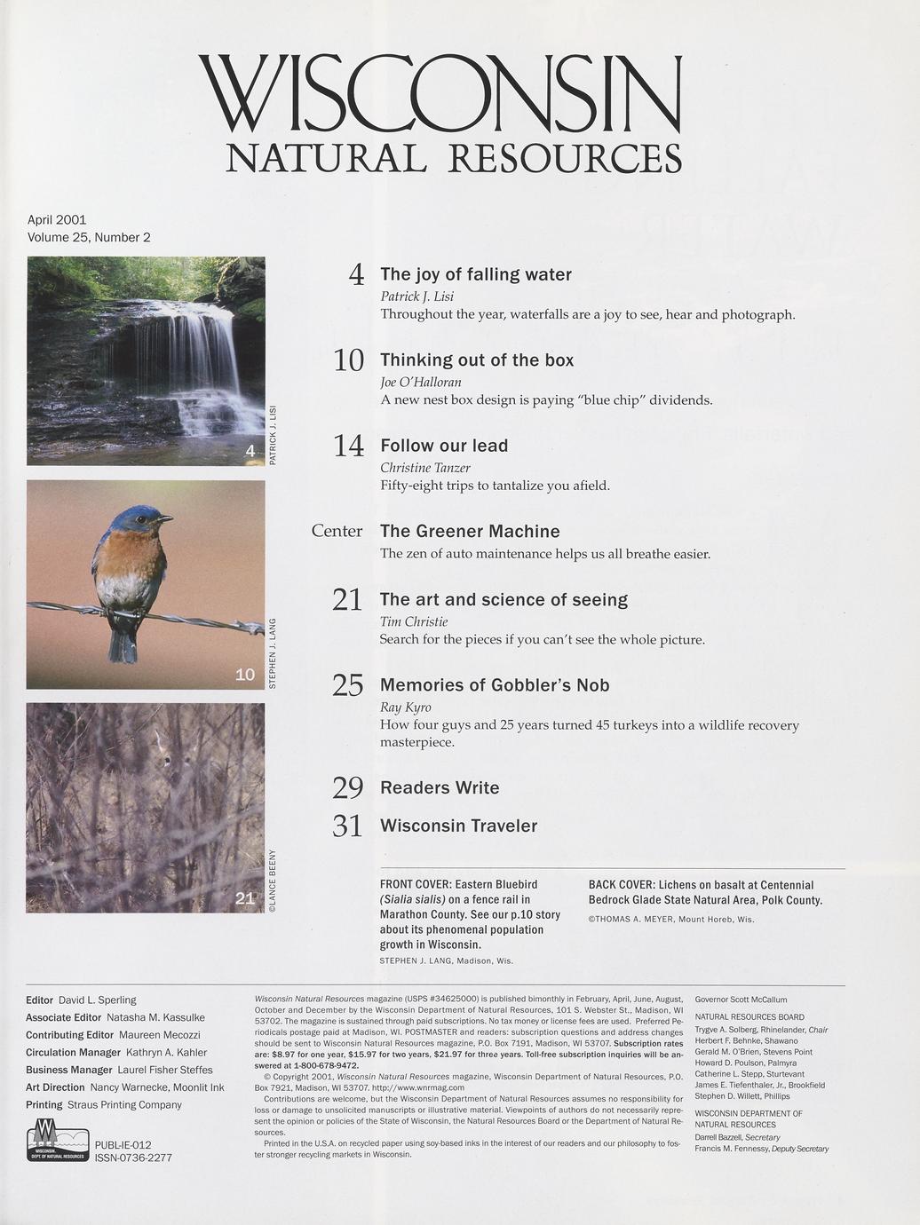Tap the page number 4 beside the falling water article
356,275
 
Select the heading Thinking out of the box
477,360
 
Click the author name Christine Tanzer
424,468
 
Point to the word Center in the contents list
337,532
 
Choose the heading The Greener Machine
470,532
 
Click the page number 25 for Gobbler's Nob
348,685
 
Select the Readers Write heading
440,788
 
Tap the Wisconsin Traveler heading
458,826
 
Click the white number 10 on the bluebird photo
245,676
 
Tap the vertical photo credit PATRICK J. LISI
274,435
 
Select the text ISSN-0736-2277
133,1158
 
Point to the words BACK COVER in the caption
622,885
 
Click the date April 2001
57,220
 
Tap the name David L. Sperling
97,1000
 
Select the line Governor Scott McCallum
741,1000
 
